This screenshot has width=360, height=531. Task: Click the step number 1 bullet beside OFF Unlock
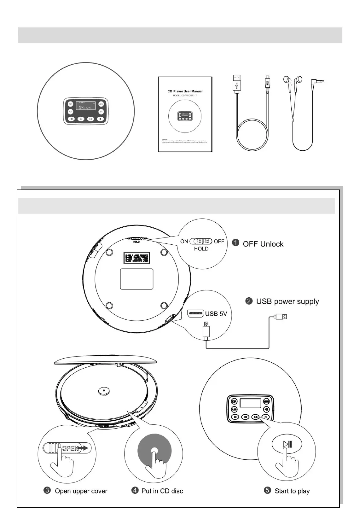[235, 243]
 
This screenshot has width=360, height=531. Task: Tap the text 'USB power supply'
[287, 301]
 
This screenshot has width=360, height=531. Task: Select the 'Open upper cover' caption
[81, 491]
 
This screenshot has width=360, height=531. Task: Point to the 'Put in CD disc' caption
[162, 491]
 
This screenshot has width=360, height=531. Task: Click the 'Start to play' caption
[292, 491]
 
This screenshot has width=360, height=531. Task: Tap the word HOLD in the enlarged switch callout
[201, 249]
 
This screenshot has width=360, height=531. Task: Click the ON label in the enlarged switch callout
[184, 242]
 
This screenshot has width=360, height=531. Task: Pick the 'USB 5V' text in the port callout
[216, 314]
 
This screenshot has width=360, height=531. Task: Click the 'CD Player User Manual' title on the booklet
[185, 91]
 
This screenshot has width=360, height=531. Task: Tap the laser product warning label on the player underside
[136, 258]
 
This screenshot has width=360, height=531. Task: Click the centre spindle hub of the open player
[104, 391]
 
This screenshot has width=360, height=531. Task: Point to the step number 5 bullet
[268, 491]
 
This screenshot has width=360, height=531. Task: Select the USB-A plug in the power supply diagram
[281, 316]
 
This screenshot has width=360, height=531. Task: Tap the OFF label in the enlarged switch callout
[219, 242]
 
